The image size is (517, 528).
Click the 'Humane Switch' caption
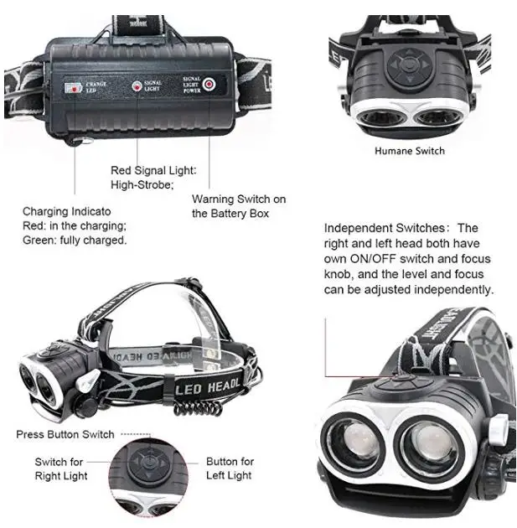[x=409, y=151]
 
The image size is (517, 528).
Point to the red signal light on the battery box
[x=135, y=85]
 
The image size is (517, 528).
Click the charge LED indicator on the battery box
[x=73, y=86]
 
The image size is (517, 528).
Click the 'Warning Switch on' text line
[x=239, y=199]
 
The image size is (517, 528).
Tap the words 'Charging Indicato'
[x=67, y=211]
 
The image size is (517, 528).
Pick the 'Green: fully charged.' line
[x=75, y=241]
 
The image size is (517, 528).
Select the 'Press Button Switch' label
[x=65, y=434]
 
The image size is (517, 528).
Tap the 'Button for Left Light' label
[x=230, y=468]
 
